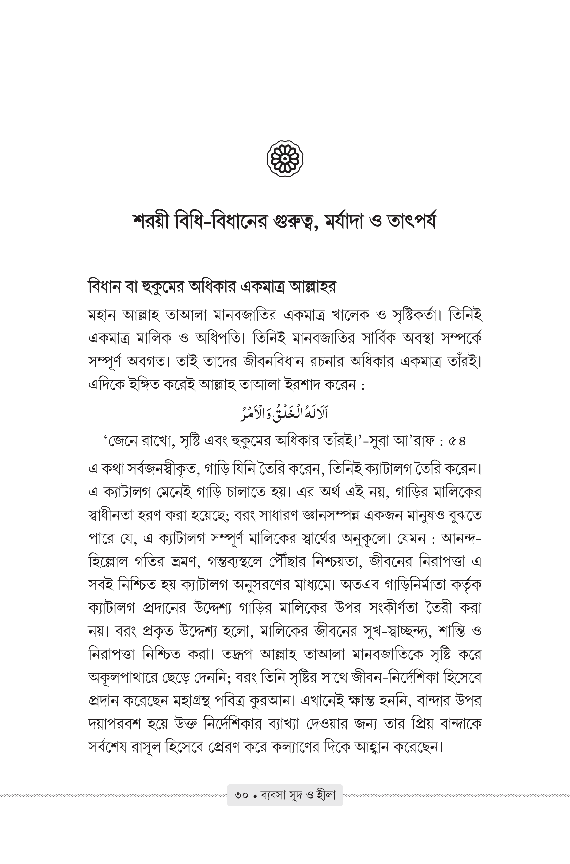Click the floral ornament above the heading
[x=285, y=159]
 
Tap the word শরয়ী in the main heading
[x=151, y=222]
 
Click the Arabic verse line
[x=284, y=414]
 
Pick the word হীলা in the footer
[x=326, y=795]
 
